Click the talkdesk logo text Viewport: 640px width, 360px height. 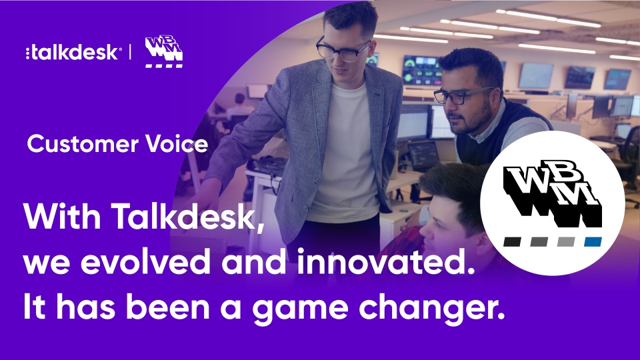pyautogui.click(x=73, y=53)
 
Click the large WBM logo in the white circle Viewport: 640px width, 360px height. pyautogui.click(x=553, y=197)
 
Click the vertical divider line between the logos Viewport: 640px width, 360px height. pyautogui.click(x=129, y=52)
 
